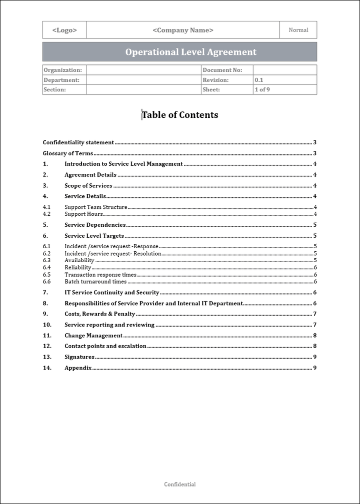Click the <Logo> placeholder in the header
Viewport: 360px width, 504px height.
[64, 30]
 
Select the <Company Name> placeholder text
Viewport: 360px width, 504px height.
[183, 30]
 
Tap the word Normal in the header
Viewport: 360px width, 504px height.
[298, 30]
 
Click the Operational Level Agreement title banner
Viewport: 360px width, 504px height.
[190, 52]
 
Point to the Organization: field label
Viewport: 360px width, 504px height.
[62, 70]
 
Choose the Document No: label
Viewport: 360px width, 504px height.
[222, 70]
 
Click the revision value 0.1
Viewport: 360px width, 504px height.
[258, 80]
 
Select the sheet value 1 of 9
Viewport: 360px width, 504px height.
[262, 90]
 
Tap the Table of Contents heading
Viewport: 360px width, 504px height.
[180, 115]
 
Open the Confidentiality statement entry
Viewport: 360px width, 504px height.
[78, 142]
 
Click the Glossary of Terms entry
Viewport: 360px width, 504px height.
[68, 153]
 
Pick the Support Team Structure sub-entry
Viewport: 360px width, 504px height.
[96, 207]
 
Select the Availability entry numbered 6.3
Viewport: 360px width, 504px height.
[79, 260]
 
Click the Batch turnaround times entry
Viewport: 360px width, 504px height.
[95, 282]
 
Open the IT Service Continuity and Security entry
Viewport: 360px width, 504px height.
[112, 293]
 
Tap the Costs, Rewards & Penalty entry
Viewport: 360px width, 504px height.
[100, 314]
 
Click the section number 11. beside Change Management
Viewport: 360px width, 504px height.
[47, 336]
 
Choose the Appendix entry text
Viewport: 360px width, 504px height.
[78, 368]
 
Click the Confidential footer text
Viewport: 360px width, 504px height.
[180, 485]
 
